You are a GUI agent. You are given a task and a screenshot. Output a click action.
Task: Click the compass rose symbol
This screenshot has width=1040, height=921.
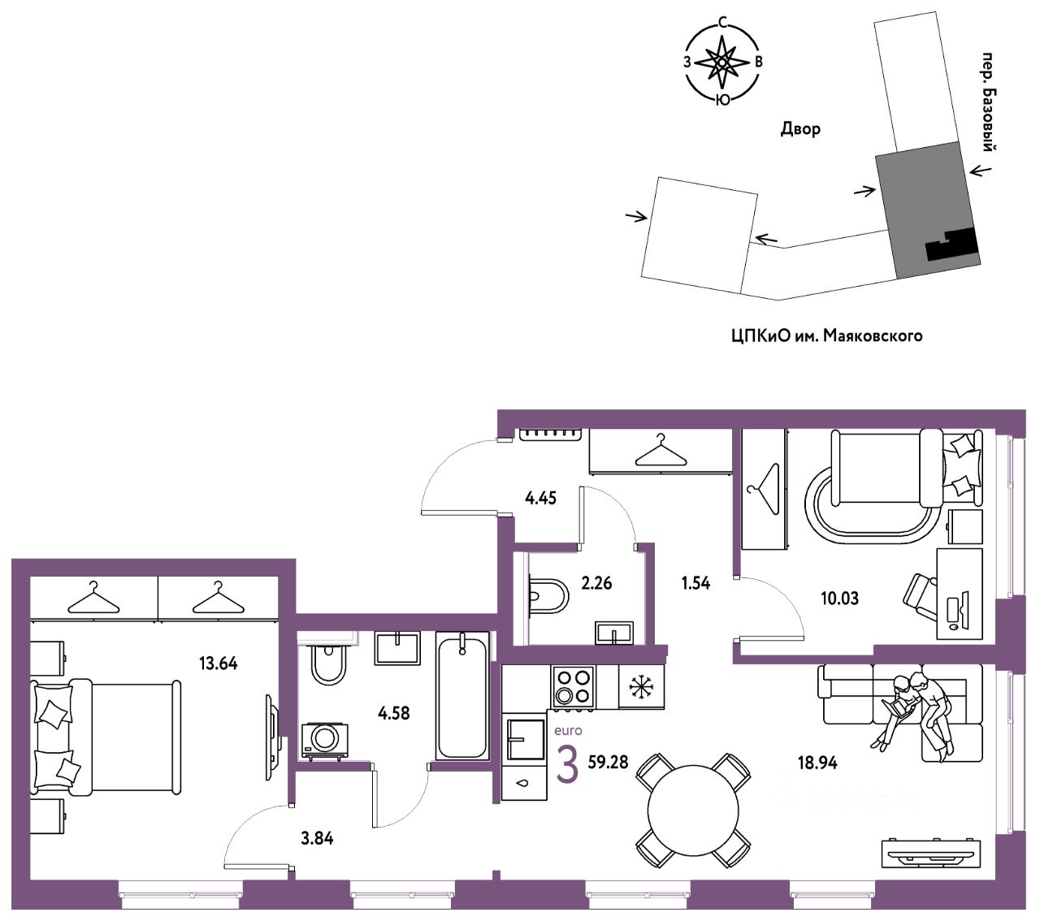coord(721,62)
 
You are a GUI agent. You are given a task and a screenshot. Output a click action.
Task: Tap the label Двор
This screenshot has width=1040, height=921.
coord(800,129)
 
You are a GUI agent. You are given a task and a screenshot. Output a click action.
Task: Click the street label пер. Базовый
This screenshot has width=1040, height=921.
coord(989,102)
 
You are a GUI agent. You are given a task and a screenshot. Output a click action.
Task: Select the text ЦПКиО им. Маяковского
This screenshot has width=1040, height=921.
coord(826,335)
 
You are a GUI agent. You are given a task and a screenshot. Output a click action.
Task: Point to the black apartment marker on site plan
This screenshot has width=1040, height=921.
coord(952,245)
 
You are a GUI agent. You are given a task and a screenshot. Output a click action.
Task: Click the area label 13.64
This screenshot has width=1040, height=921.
coord(218,664)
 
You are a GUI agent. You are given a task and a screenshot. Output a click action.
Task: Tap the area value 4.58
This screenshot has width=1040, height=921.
coord(394,714)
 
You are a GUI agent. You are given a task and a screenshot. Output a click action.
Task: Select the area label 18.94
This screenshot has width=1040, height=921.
coord(817,763)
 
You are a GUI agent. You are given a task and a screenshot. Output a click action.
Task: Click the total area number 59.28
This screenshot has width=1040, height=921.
coord(609,763)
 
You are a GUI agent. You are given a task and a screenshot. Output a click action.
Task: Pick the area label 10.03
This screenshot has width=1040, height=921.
coord(839,599)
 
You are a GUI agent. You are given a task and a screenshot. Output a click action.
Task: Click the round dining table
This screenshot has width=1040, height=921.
coord(693,810)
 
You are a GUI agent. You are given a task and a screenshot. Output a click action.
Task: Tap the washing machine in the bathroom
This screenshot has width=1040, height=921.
coord(325,739)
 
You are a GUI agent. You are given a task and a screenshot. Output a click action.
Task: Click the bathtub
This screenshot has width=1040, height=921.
coord(462,695)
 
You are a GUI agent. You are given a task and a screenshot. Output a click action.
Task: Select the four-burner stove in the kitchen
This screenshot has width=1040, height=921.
coord(574,685)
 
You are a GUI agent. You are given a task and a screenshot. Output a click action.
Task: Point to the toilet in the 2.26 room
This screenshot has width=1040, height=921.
coord(546,594)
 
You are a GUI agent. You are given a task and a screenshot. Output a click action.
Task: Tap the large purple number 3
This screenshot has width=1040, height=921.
coord(567,765)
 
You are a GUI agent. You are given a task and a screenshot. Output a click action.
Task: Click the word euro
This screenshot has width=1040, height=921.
coord(568,731)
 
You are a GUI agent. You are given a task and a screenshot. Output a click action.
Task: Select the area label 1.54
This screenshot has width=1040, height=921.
coord(696,583)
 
